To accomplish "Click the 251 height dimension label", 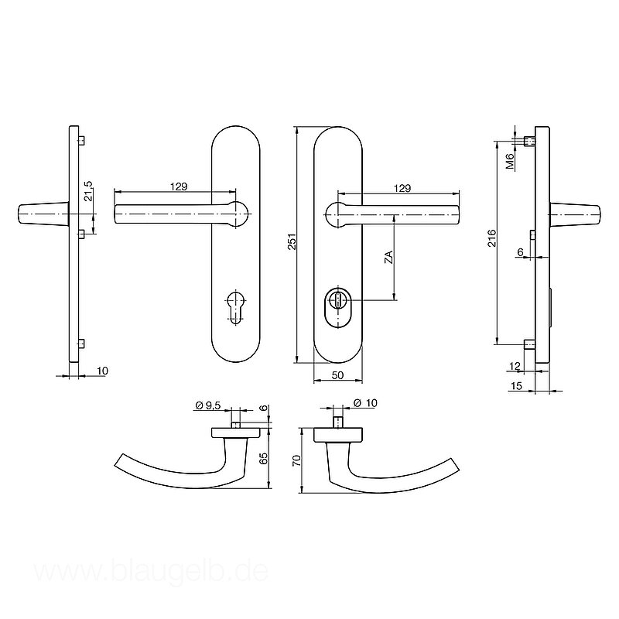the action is point(292,241).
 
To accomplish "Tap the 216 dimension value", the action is point(491,238).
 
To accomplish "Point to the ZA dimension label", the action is point(389,257).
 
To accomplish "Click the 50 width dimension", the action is point(338,375).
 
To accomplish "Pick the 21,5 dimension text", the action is point(88,191).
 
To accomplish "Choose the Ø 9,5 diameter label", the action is point(207,405).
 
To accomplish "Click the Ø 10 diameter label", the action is point(365,402).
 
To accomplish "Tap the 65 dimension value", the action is point(264,458).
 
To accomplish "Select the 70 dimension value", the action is point(297,460).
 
